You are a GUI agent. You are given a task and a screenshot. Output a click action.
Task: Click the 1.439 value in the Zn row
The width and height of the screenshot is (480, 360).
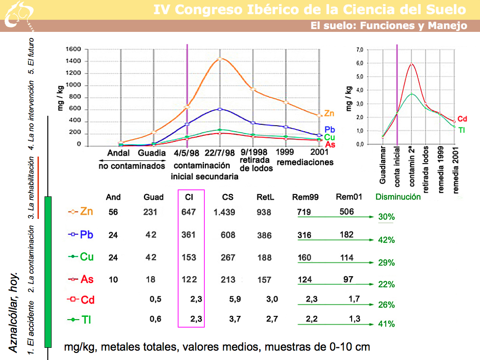(x=224, y=212)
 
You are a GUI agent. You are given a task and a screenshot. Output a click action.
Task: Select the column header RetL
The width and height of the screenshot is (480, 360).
(x=264, y=197)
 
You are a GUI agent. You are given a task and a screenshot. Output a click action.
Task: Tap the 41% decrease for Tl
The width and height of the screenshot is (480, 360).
(x=386, y=324)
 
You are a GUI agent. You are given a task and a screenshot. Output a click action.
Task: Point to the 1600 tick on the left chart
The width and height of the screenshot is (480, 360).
(x=74, y=49)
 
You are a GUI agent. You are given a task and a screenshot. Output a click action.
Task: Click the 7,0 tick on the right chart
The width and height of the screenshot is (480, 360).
(x=360, y=50)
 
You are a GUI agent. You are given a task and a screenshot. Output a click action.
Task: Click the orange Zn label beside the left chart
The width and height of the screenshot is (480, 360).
(x=329, y=113)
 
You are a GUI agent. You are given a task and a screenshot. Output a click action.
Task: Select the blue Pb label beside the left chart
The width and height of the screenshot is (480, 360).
(x=329, y=129)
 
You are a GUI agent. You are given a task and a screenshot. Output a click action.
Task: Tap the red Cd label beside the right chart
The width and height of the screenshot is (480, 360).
(x=462, y=119)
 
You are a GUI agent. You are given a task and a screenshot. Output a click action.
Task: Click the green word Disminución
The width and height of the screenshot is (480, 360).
(x=398, y=197)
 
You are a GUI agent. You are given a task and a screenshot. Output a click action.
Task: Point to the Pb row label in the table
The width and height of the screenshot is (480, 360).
(x=87, y=234)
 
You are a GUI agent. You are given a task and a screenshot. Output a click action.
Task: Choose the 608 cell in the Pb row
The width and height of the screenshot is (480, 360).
(x=228, y=235)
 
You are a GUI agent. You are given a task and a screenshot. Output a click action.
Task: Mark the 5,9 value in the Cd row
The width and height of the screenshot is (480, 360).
(x=229, y=299)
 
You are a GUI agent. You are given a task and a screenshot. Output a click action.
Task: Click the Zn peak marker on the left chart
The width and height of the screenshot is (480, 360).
(x=219, y=59)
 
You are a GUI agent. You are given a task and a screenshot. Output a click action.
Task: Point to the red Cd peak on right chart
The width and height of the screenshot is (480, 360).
(x=412, y=64)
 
